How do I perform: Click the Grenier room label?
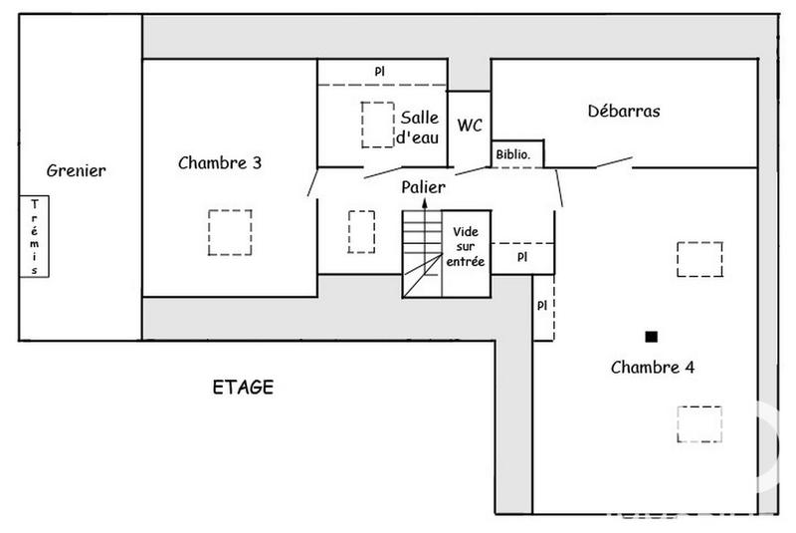76,170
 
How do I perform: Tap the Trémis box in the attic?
36,236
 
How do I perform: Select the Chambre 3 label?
220,163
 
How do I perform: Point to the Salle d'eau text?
419,129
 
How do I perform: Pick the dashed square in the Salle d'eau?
377,125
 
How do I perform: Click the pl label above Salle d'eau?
379,71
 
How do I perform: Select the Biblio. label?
518,154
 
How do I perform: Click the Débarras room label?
624,112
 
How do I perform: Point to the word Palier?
424,187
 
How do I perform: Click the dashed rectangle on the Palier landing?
360,232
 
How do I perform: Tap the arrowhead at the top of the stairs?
425,203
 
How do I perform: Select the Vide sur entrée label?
466,246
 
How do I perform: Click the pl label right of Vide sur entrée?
522,256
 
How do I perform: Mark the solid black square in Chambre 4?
652,336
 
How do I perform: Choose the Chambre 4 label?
652,367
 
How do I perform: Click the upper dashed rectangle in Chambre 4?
699,259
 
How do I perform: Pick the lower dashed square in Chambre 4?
699,423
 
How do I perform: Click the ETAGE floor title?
243,387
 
